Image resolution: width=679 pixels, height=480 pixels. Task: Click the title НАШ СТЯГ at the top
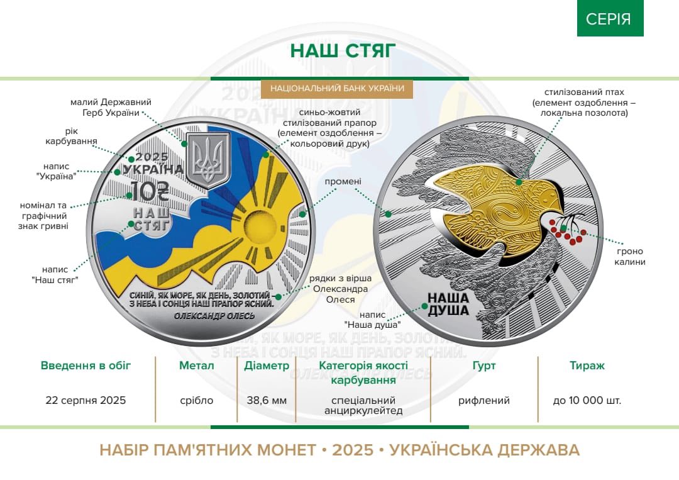pyautogui.click(x=343, y=51)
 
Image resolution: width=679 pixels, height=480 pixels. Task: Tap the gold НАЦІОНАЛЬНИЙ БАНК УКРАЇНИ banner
pyautogui.click(x=337, y=89)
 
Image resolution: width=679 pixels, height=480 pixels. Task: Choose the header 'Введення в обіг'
pyautogui.click(x=86, y=366)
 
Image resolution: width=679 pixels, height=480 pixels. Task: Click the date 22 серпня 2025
pyautogui.click(x=86, y=400)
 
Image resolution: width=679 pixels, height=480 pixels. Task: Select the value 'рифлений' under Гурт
pyautogui.click(x=483, y=400)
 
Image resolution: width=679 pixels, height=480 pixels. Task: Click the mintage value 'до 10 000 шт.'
pyautogui.click(x=587, y=400)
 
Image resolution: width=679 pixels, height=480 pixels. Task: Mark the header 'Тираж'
pyautogui.click(x=587, y=366)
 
